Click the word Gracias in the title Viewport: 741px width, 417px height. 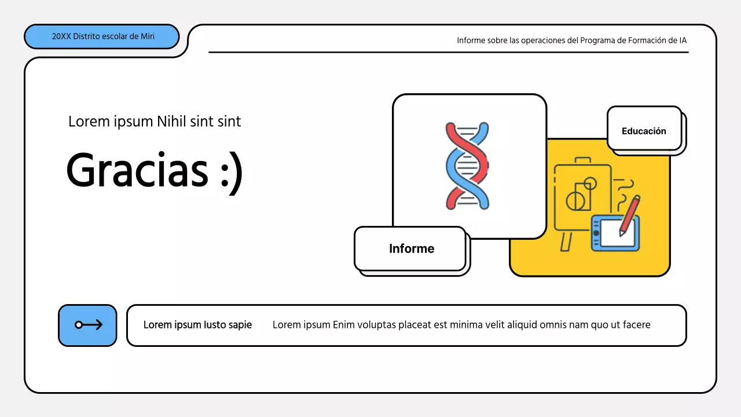point(137,170)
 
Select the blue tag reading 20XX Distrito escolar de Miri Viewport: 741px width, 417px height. point(102,36)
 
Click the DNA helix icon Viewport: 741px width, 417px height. point(467,166)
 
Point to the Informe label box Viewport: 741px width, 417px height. point(411,248)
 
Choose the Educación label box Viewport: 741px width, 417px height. point(644,131)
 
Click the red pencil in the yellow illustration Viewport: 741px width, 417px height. point(630,214)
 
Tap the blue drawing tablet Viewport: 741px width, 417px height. point(615,233)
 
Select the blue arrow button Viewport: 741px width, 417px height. point(88,325)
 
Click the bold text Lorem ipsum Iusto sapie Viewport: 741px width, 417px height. point(197,325)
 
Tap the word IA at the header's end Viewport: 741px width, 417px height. point(683,41)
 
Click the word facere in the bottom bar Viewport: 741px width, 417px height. point(636,325)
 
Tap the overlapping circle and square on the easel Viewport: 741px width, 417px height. point(580,196)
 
